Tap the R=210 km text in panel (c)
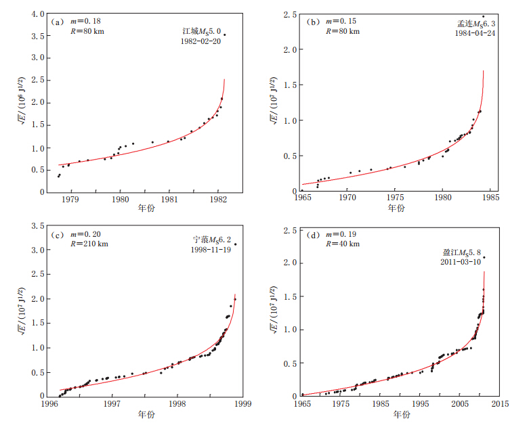tap(83, 244)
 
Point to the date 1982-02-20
tap(201, 41)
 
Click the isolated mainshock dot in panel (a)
tap(224, 35)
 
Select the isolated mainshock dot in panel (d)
tap(484, 257)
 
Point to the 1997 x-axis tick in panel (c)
tap(112, 404)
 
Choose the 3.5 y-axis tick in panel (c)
tap(39, 225)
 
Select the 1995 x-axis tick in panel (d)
tap(421, 404)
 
